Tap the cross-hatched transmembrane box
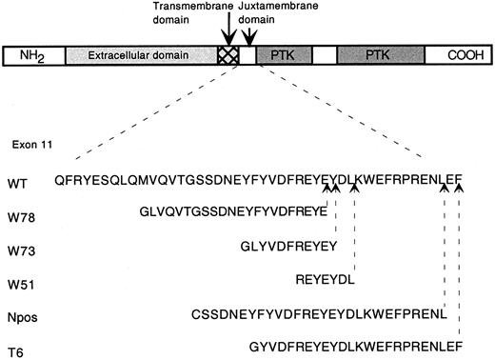point(228,57)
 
